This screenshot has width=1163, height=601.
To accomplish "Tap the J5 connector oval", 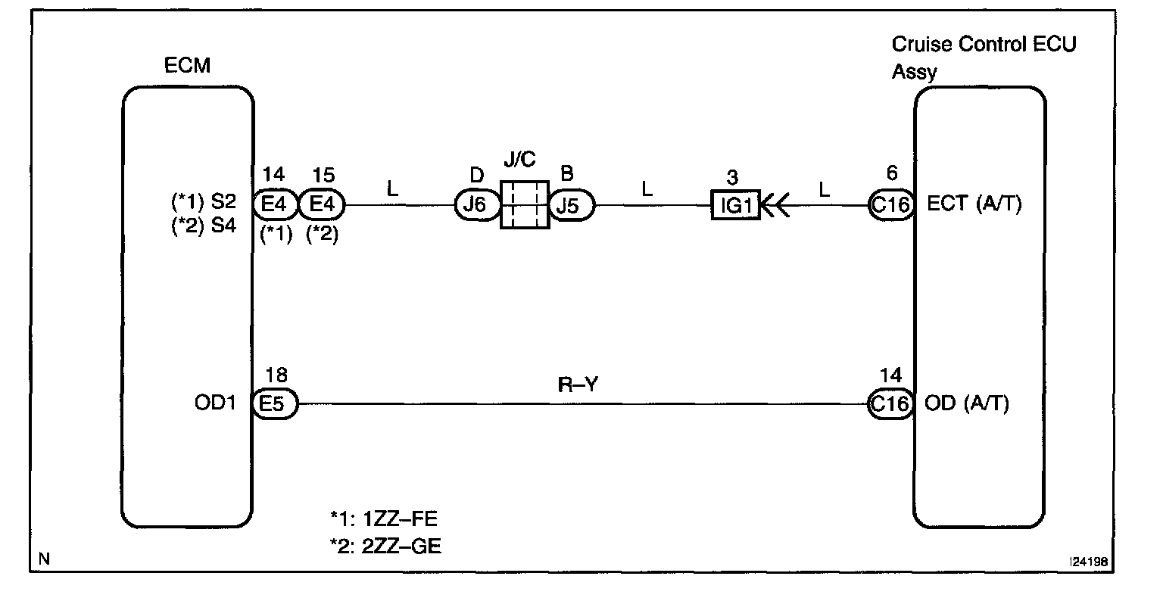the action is click(572, 204).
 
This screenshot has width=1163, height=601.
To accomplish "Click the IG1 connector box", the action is click(735, 204).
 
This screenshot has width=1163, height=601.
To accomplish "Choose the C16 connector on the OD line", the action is click(890, 404).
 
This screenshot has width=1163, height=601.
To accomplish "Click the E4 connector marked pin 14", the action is click(276, 204).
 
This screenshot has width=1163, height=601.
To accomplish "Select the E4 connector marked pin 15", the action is click(323, 204).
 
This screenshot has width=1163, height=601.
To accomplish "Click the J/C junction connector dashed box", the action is click(524, 204).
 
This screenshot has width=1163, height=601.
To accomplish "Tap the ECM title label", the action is click(187, 66).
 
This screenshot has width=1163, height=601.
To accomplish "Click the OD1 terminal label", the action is click(216, 404).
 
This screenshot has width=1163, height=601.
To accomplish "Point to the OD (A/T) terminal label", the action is click(967, 404).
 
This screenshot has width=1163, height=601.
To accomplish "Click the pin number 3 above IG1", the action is click(732, 178).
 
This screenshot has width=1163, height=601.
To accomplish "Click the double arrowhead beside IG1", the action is click(775, 204).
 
